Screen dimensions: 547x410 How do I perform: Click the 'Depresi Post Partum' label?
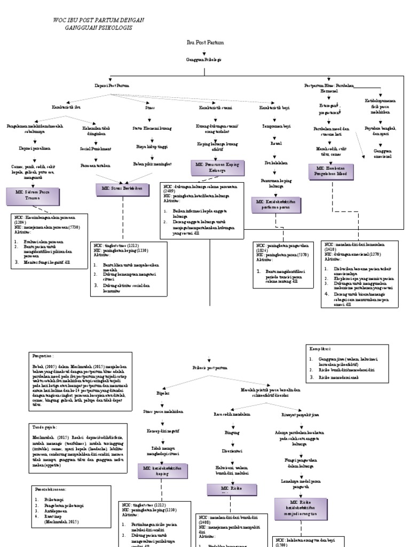pos(112,85)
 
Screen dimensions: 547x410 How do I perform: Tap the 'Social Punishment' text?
pos(96,149)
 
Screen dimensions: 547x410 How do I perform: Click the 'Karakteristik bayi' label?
pos(274,107)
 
